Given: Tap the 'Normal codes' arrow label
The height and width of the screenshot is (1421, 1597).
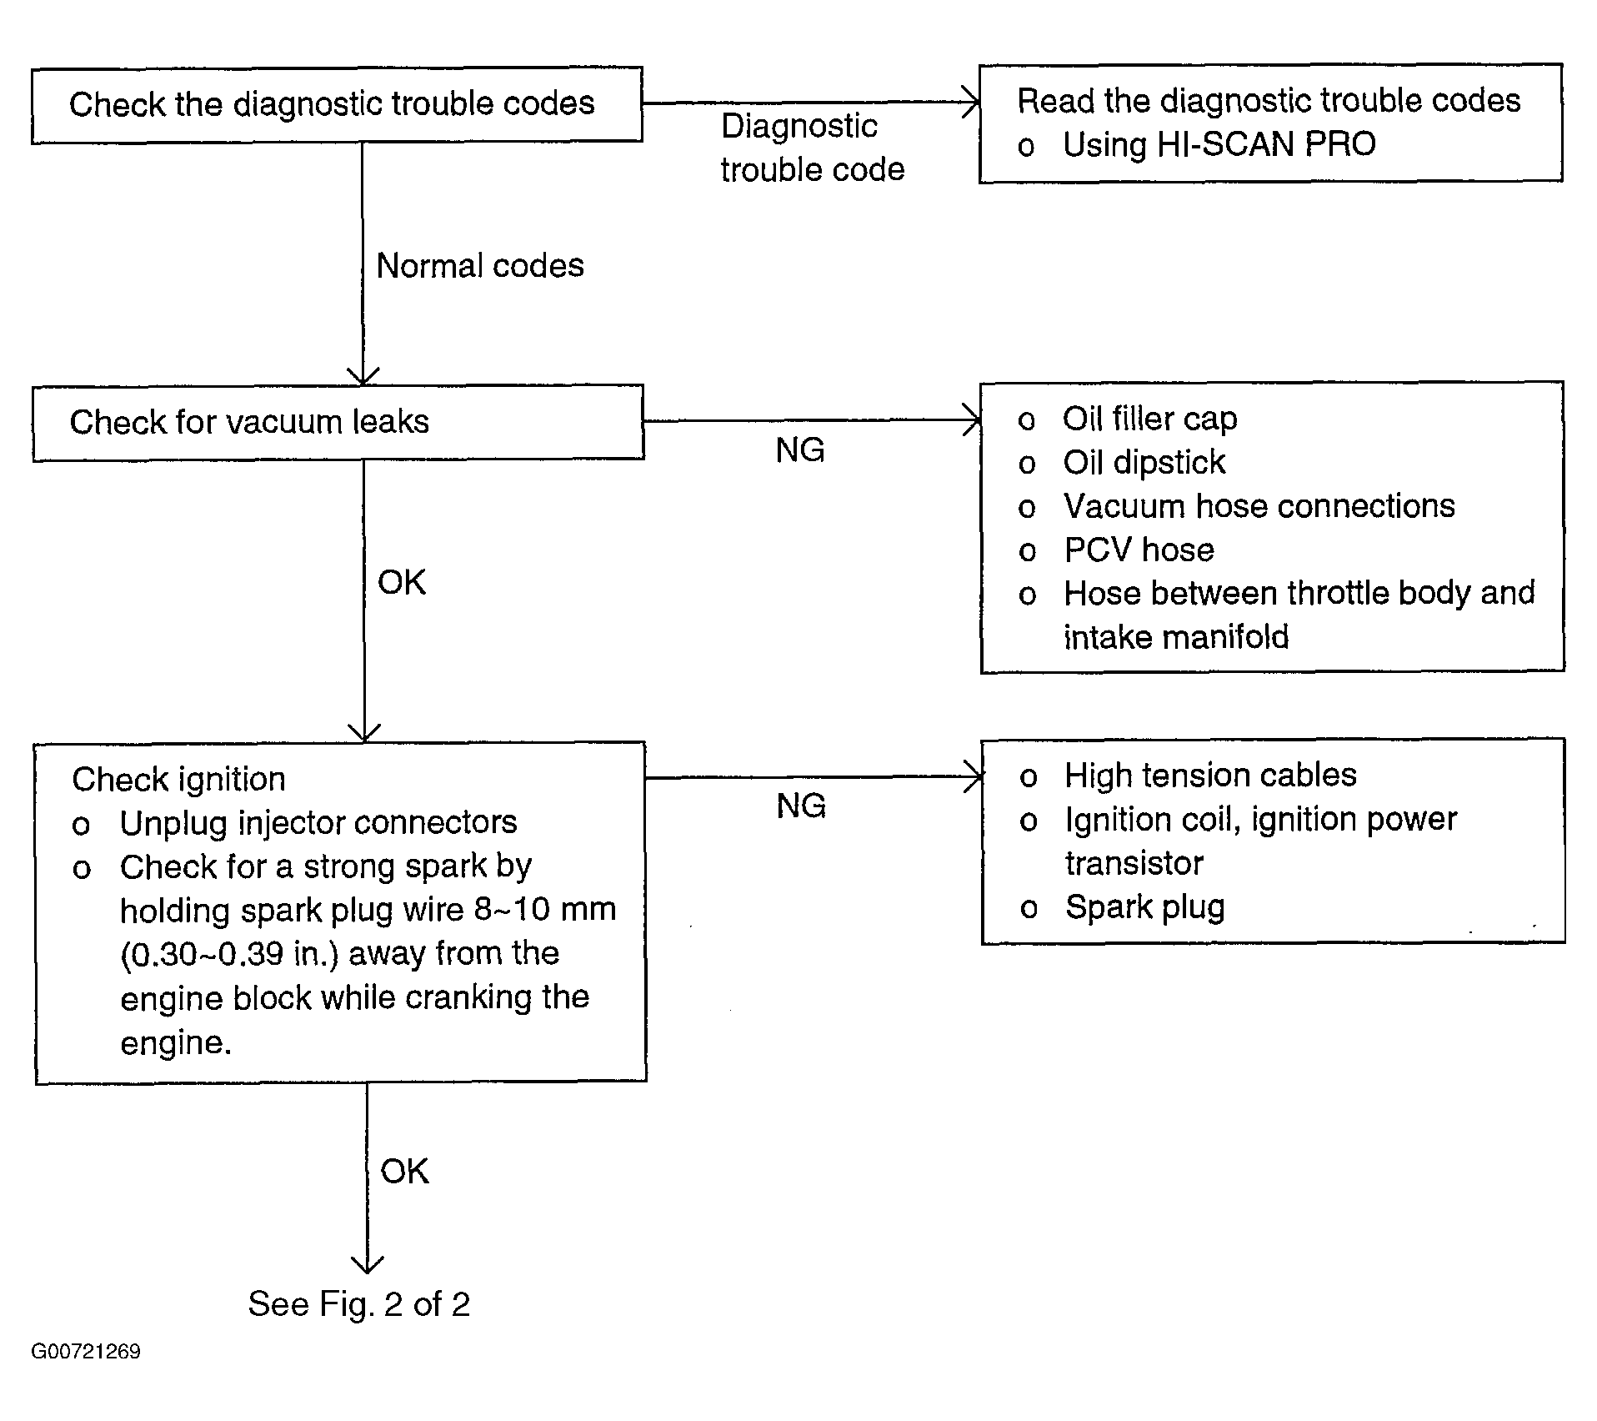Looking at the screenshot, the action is click(x=480, y=266).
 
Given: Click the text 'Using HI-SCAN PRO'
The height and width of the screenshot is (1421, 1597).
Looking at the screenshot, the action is click(x=1219, y=144).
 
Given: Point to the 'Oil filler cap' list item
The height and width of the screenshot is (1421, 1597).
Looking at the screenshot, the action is click(x=1149, y=419).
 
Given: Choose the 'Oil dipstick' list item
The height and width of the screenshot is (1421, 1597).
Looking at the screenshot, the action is click(x=1144, y=463).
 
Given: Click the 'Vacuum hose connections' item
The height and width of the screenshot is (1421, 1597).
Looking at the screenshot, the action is click(x=1259, y=506).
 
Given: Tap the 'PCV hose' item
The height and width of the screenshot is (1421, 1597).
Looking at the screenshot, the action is click(x=1139, y=550).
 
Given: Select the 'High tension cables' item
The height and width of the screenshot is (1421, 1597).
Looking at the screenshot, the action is click(x=1210, y=776).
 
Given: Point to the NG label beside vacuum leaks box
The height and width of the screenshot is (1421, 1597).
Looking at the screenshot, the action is click(x=800, y=450).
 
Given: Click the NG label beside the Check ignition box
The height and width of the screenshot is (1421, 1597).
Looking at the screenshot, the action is click(x=801, y=806).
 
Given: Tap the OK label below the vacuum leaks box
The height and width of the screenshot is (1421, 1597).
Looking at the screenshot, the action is click(x=402, y=582).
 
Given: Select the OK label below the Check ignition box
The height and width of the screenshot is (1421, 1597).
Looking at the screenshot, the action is click(x=404, y=1172).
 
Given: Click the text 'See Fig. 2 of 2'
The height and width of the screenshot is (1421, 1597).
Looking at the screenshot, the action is click(x=359, y=1304).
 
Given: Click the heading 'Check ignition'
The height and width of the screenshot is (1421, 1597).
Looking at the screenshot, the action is click(x=178, y=780).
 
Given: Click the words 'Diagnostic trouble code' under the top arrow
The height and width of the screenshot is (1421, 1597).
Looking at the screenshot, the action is click(x=813, y=148).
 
